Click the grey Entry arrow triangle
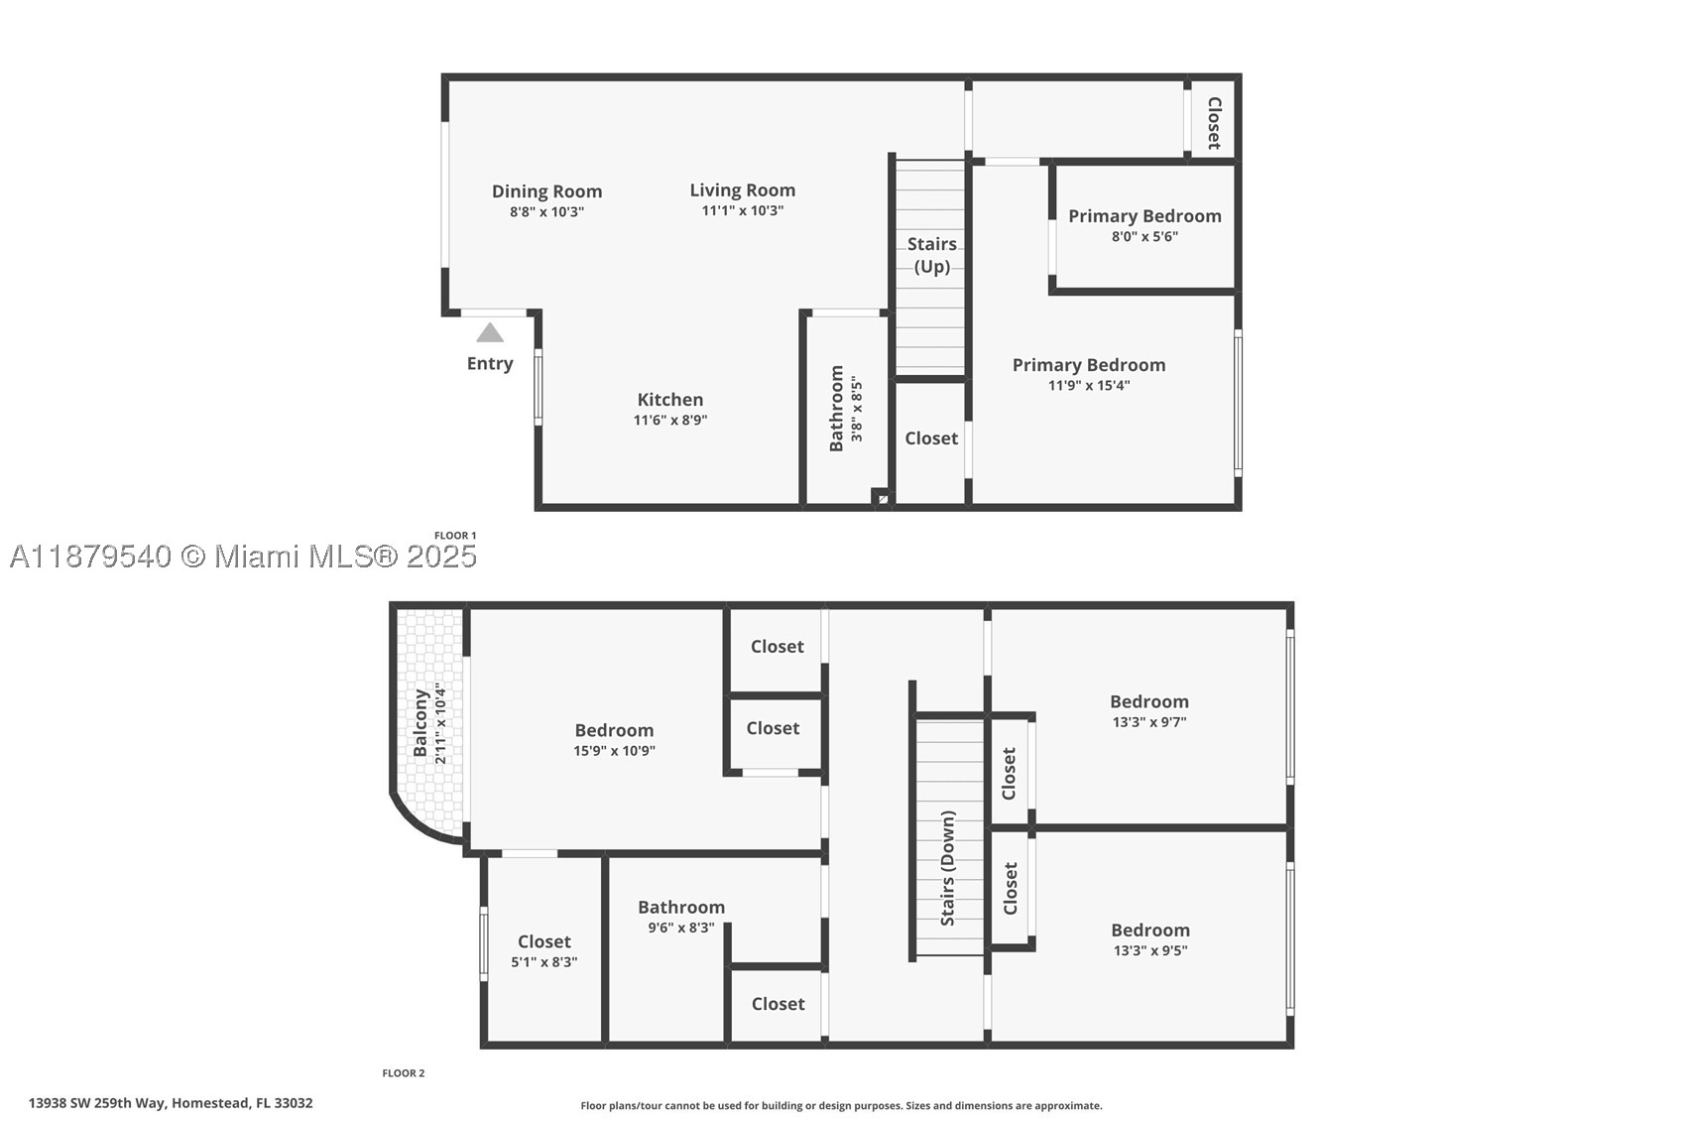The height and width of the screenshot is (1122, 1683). pyautogui.click(x=490, y=332)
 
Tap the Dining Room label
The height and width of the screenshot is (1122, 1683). pyautogui.click(x=547, y=191)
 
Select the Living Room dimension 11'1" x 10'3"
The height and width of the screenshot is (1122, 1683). pyautogui.click(x=742, y=211)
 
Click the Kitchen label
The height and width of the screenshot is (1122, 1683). pyautogui.click(x=670, y=400)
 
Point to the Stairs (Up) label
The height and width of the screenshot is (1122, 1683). pyautogui.click(x=931, y=255)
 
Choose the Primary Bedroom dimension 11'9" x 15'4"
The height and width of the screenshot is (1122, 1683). pyautogui.click(x=1089, y=386)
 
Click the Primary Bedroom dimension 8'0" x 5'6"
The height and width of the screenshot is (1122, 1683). pyautogui.click(x=1144, y=237)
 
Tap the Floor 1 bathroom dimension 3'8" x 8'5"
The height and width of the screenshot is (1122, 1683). pyautogui.click(x=856, y=409)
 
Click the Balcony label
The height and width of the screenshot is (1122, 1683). pyautogui.click(x=420, y=724)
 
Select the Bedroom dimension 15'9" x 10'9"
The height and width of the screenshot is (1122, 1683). pyautogui.click(x=614, y=751)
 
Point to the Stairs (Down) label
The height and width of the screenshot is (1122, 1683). pyautogui.click(x=947, y=868)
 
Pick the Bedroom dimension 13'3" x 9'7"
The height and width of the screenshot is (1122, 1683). pyautogui.click(x=1148, y=722)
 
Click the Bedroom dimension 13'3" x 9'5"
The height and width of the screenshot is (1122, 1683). pyautogui.click(x=1150, y=950)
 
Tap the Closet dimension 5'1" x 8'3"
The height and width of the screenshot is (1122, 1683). pyautogui.click(x=543, y=962)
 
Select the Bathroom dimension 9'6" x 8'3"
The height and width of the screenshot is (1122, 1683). pyautogui.click(x=680, y=929)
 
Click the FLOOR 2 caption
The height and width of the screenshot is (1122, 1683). pyautogui.click(x=404, y=1073)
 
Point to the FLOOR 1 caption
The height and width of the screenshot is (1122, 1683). pyautogui.click(x=455, y=536)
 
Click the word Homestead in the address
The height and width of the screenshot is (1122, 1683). pyautogui.click(x=210, y=1103)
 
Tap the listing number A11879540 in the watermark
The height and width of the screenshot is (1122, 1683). pyautogui.click(x=91, y=557)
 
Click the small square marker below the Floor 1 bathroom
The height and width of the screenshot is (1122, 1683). pyautogui.click(x=882, y=498)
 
